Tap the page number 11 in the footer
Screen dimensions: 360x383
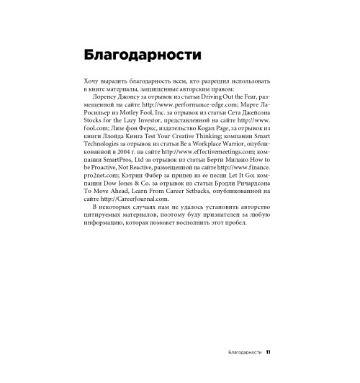(x=268, y=353)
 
